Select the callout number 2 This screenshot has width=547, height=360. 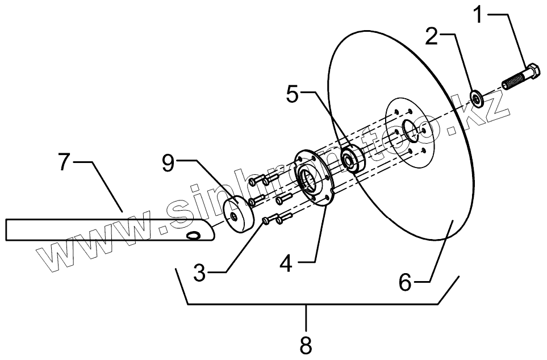pyautogui.click(x=432, y=37)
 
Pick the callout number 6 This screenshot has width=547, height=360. pyautogui.click(x=404, y=282)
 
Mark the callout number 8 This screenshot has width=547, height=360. pyautogui.click(x=307, y=344)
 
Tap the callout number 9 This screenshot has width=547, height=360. pyautogui.click(x=169, y=164)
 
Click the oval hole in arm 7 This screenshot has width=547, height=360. pyautogui.click(x=194, y=235)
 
